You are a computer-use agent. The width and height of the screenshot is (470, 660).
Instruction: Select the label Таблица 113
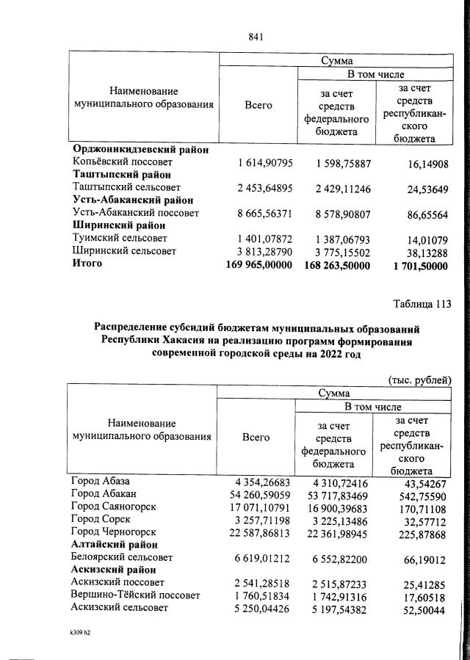tap(414, 303)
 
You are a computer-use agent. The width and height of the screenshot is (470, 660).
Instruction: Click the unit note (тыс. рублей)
tap(419, 379)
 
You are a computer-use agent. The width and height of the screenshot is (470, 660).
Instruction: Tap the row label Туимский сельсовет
tap(119, 239)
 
